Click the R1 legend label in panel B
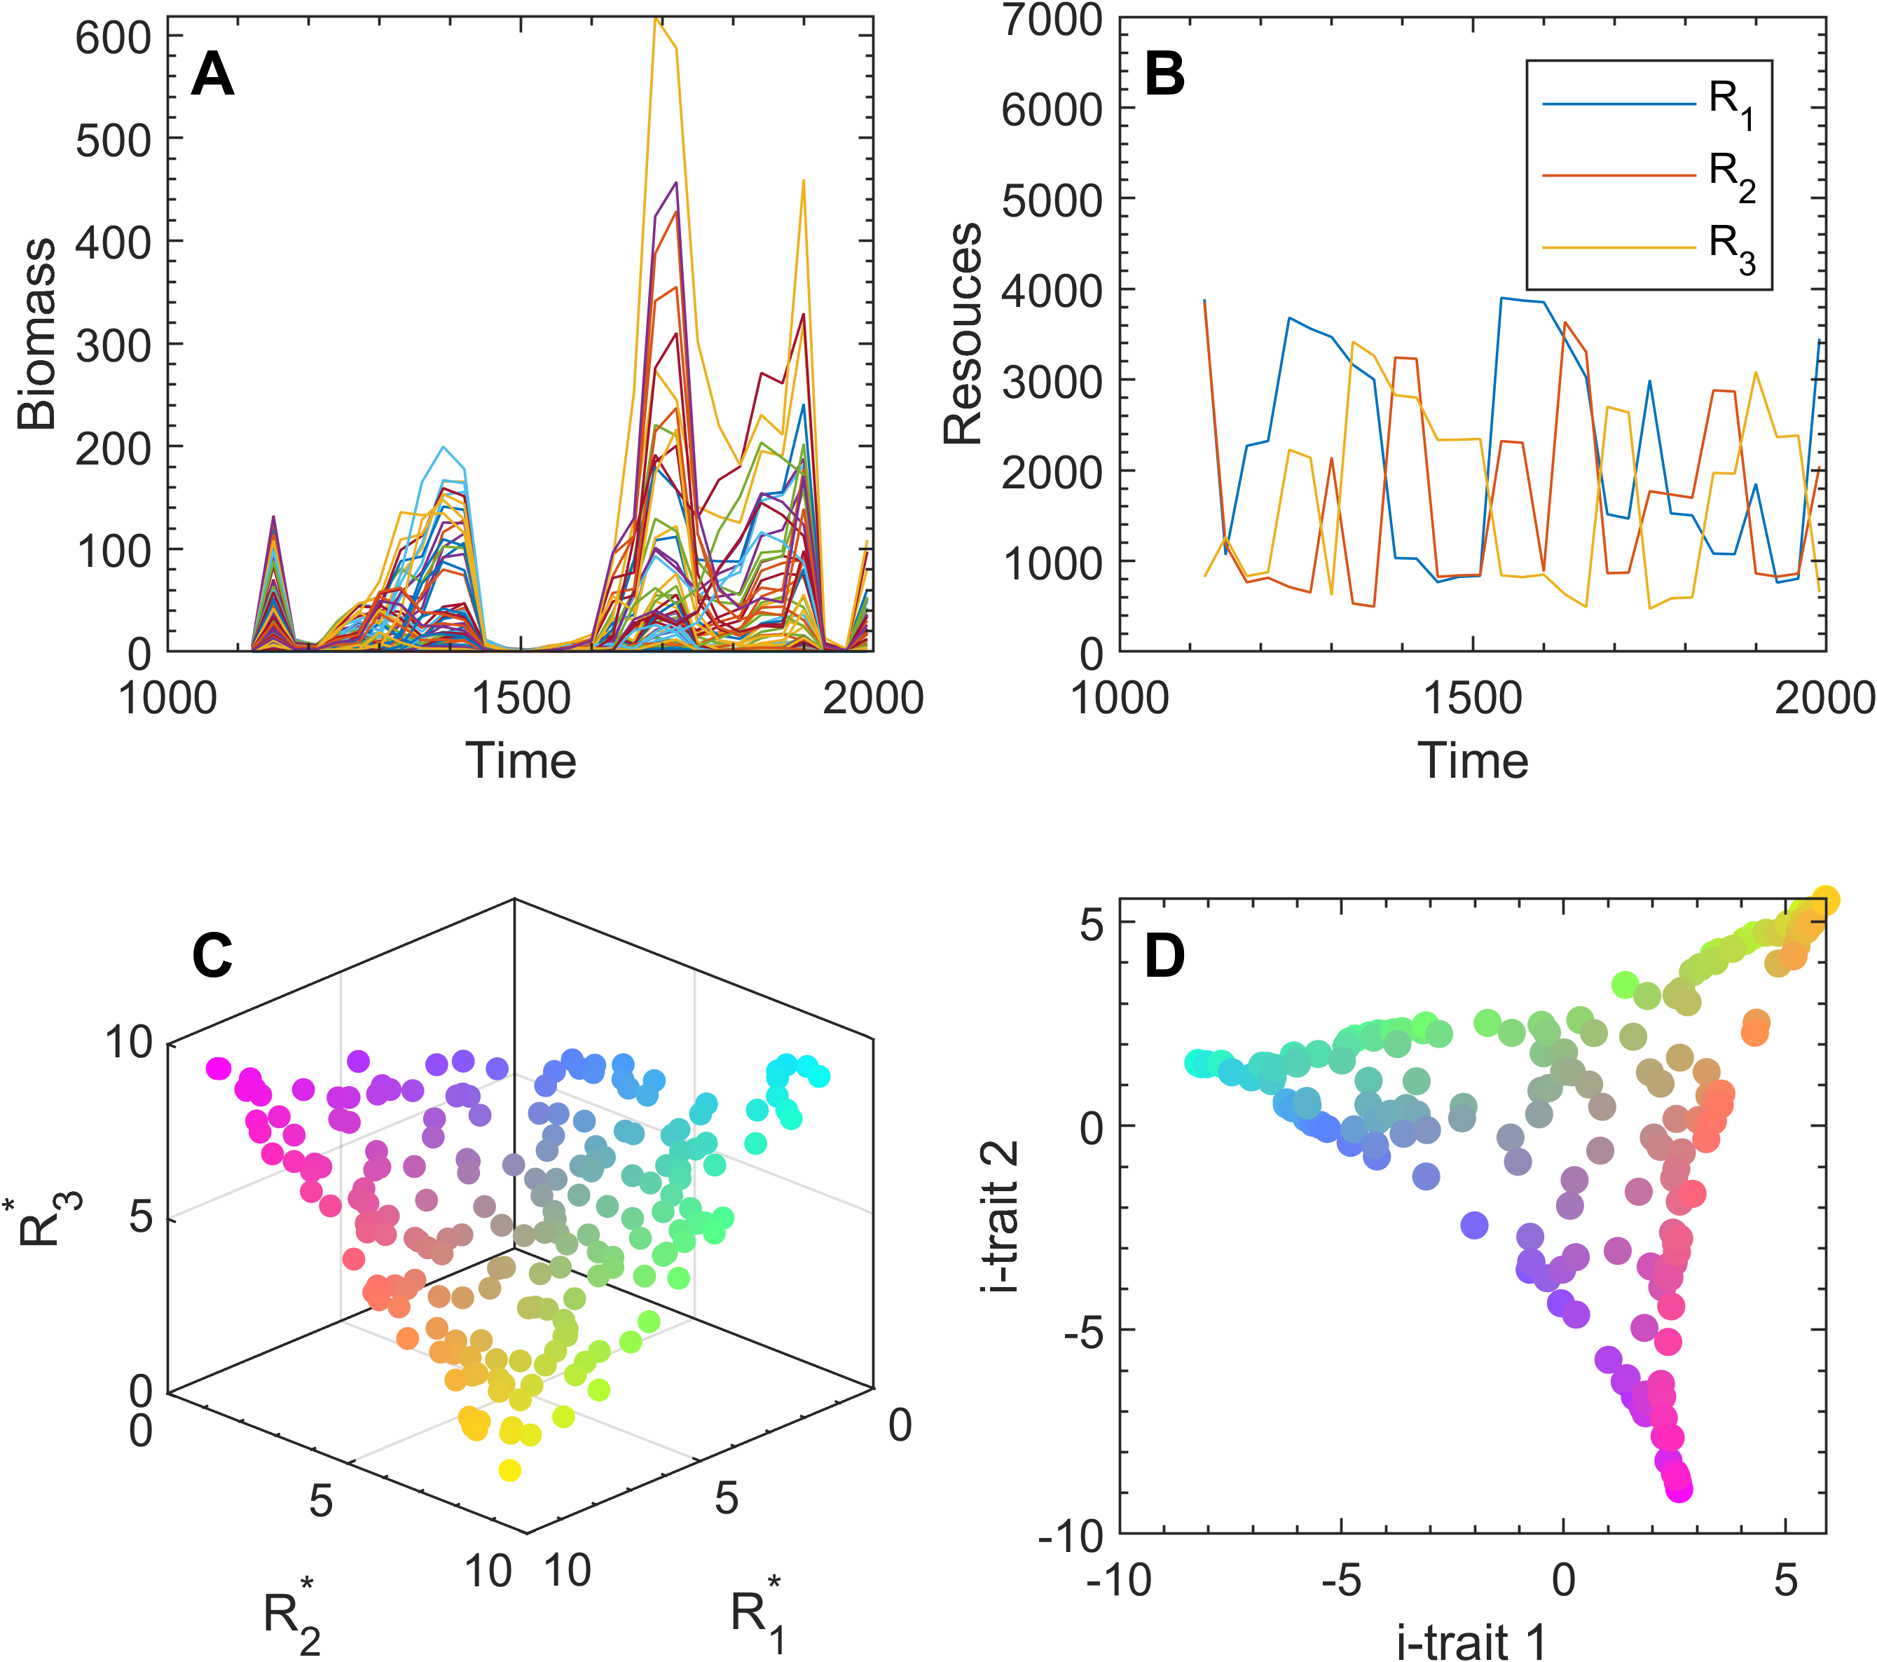click(1732, 104)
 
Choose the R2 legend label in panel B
click(1732, 175)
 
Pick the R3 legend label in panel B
click(1732, 248)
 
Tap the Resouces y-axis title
click(963, 334)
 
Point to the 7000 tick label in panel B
click(1052, 20)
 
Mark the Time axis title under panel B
click(1473, 760)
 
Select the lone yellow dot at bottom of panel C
click(509, 1471)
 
